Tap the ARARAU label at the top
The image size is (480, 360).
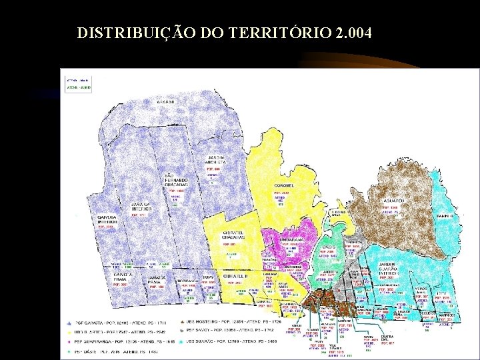(165, 102)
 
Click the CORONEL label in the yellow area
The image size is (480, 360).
(284, 185)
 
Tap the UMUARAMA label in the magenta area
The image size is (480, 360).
(291, 238)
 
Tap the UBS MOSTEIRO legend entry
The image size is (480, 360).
(233, 321)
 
